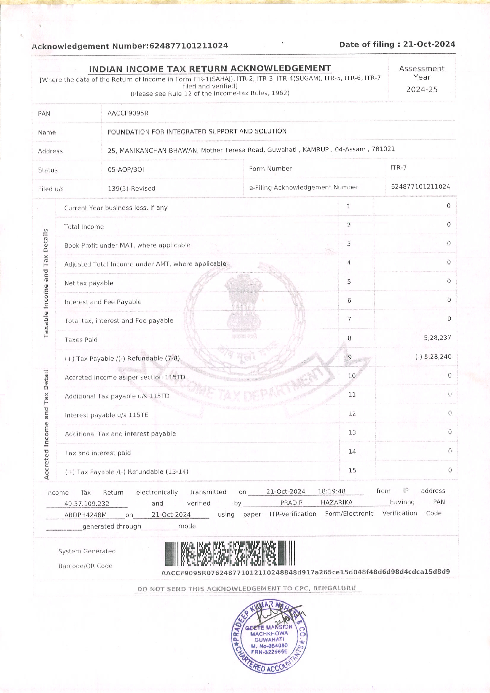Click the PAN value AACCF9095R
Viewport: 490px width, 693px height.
click(x=128, y=113)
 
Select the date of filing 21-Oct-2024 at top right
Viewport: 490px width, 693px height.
click(x=429, y=44)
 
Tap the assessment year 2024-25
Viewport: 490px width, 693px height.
click(x=422, y=89)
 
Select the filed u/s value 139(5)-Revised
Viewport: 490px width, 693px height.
click(x=132, y=188)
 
